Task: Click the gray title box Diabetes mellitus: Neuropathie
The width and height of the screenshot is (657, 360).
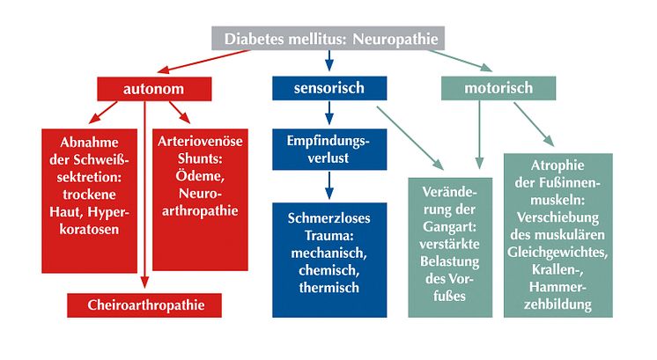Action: [328, 39]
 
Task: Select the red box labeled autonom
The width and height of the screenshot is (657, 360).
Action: [154, 89]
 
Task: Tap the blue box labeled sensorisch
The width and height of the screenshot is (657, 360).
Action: [329, 88]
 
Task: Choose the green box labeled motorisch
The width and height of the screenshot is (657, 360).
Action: [498, 88]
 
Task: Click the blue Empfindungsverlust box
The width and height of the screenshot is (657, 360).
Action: [329, 150]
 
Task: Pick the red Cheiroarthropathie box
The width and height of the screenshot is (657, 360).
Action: [144, 305]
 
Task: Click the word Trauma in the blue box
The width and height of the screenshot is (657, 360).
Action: [328, 236]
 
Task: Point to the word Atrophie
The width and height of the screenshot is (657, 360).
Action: [557, 165]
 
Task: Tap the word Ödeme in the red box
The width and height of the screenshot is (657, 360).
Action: [200, 176]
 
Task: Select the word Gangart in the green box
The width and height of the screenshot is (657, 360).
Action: [449, 227]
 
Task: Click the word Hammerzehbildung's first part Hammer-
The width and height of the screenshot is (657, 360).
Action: [557, 287]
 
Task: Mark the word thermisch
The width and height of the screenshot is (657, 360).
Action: [328, 288]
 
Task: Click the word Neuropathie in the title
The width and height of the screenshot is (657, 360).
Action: [395, 39]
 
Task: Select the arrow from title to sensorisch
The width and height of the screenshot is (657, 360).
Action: [329, 61]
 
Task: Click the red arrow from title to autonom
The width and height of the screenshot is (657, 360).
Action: [203, 62]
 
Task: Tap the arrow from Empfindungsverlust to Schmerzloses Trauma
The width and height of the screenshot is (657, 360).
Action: [329, 185]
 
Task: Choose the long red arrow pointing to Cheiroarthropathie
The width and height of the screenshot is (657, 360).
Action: [144, 195]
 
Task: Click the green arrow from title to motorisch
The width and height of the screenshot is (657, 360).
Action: [460, 61]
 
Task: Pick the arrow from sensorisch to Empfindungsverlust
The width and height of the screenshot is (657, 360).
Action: [329, 113]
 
